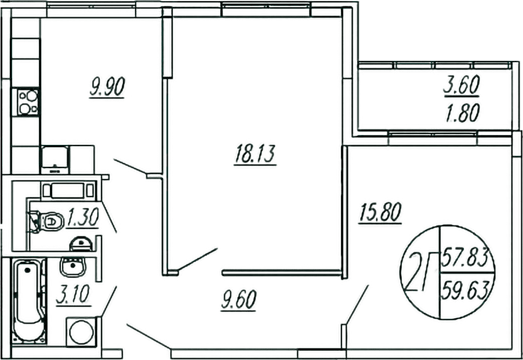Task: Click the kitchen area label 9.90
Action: pyautogui.click(x=107, y=88)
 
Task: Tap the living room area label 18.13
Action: pyautogui.click(x=255, y=154)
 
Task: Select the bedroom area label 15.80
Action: pyautogui.click(x=380, y=212)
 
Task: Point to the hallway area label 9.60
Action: pyautogui.click(x=238, y=300)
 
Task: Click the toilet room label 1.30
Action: pyautogui.click(x=82, y=217)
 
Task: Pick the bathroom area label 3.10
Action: pyautogui.click(x=74, y=295)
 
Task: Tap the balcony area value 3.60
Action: pyautogui.click(x=462, y=86)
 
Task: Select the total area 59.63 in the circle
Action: pyautogui.click(x=466, y=290)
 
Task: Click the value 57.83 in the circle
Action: pyautogui.click(x=466, y=257)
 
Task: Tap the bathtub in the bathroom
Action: pyautogui.click(x=29, y=300)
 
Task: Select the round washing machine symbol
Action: pyautogui.click(x=82, y=332)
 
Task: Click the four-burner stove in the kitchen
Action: pyautogui.click(x=28, y=103)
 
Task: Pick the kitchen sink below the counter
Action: pyautogui.click(x=55, y=159)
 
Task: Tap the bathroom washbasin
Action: pyautogui.click(x=73, y=267)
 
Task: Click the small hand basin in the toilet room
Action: pyautogui.click(x=81, y=243)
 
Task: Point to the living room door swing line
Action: pyautogui.click(x=198, y=259)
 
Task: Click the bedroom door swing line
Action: pyautogui.click(x=357, y=304)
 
